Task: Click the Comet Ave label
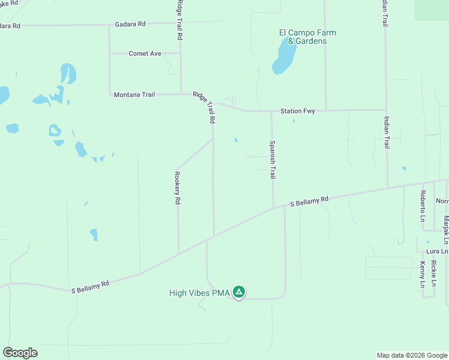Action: tap(145, 53)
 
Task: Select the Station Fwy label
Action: tap(298, 111)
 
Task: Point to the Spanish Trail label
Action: tap(272, 160)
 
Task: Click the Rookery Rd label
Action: tap(178, 188)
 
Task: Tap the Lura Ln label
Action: tap(436, 251)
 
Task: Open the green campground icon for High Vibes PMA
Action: tap(239, 292)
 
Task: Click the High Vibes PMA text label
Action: tap(199, 293)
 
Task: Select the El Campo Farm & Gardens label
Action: tap(307, 37)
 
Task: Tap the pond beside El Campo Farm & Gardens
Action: tap(283, 57)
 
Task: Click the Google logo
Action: tap(20, 353)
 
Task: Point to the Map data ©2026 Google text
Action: tap(411, 355)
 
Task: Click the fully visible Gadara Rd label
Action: tap(130, 24)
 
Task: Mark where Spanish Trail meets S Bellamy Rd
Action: tap(274, 208)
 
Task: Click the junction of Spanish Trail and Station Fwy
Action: tap(271, 111)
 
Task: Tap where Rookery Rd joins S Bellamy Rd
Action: tap(178, 253)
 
